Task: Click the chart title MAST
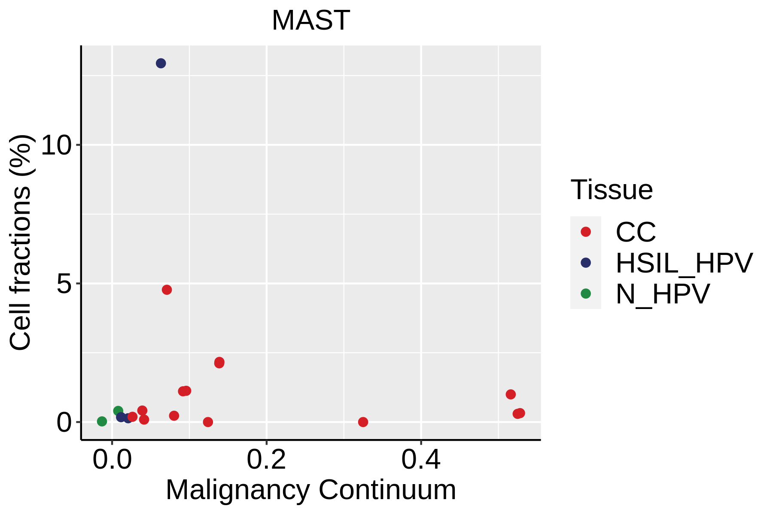(311, 20)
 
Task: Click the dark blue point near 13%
(161, 64)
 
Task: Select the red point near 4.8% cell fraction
(167, 290)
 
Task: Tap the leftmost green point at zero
(102, 421)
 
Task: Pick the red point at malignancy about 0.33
(363, 422)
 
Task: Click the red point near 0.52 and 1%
(511, 394)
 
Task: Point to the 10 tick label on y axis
(56, 145)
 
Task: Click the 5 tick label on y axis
(64, 284)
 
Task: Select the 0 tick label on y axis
(64, 422)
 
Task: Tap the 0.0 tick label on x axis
(112, 460)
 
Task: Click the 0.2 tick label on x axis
(266, 460)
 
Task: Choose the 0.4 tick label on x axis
(421, 460)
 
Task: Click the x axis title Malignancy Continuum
(311, 490)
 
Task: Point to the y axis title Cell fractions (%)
(20, 242)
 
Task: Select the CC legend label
(636, 232)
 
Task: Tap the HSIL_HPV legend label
(684, 263)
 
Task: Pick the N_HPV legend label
(663, 294)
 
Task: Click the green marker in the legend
(586, 294)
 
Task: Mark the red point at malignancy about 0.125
(208, 422)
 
